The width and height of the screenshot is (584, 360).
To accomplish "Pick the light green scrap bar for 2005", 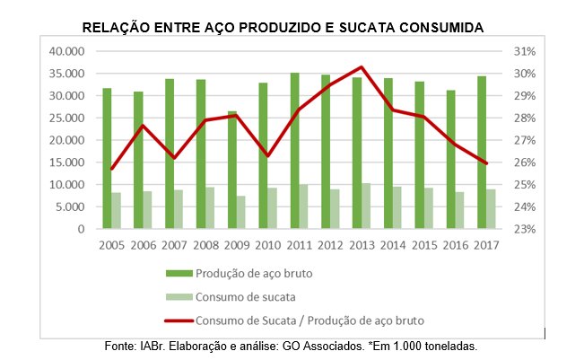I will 117,211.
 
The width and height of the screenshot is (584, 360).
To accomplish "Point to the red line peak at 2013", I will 361,67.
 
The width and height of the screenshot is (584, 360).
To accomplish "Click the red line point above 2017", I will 487,163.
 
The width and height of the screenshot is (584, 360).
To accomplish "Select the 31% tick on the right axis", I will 525,51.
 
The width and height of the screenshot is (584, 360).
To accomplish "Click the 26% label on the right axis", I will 525,162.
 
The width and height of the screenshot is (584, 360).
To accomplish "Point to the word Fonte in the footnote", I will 123,345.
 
